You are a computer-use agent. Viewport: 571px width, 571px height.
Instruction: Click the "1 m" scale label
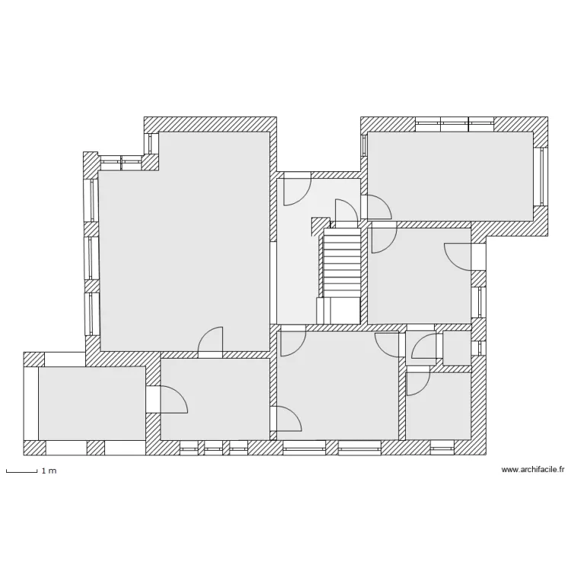[49, 471]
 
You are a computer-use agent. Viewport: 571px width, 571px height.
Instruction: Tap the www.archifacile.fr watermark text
[533, 471]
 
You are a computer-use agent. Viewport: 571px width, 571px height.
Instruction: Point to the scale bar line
[21, 472]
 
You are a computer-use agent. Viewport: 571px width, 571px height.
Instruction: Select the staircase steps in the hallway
[342, 263]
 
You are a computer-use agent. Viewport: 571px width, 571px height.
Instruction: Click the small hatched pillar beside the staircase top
[317, 225]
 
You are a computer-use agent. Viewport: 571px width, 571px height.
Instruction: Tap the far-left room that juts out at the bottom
[91, 402]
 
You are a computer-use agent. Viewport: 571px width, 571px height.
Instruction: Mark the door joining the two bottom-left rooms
[172, 399]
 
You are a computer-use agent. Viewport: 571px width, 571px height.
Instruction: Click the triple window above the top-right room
[455, 123]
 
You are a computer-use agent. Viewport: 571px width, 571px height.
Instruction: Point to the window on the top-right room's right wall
[543, 175]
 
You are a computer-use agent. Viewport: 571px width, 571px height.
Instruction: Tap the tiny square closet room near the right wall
[457, 348]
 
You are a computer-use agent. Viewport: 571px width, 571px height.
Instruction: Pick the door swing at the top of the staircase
[346, 211]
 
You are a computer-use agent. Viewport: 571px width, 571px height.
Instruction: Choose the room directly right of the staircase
[419, 274]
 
